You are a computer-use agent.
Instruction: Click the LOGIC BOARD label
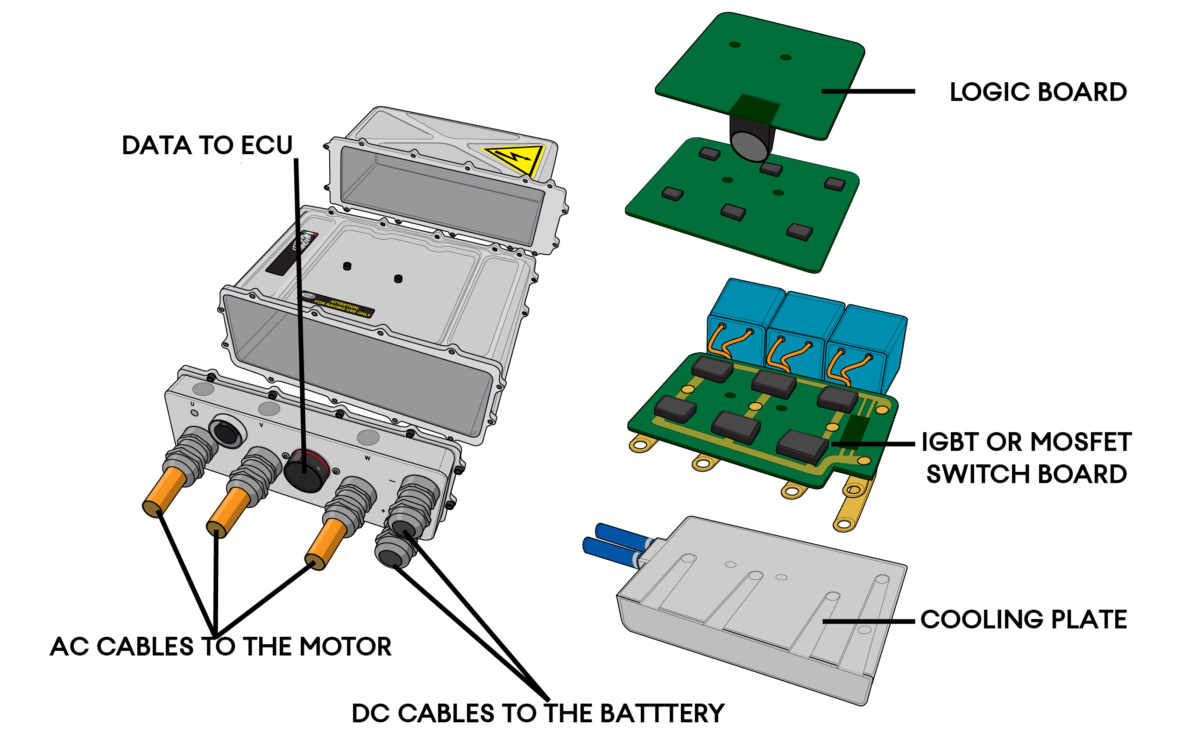coord(1038,92)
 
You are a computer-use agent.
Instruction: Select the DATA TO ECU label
coord(207,145)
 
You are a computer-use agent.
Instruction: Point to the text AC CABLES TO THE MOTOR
coord(220,647)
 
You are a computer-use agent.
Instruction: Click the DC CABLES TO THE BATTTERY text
coord(538,713)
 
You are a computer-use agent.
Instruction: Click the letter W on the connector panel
coord(368,458)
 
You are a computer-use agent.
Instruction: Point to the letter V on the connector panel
coord(261,425)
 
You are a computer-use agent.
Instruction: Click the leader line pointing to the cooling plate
coord(868,621)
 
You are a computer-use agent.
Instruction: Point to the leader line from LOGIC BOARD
coord(868,92)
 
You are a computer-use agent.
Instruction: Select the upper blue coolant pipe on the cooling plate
coord(624,532)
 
